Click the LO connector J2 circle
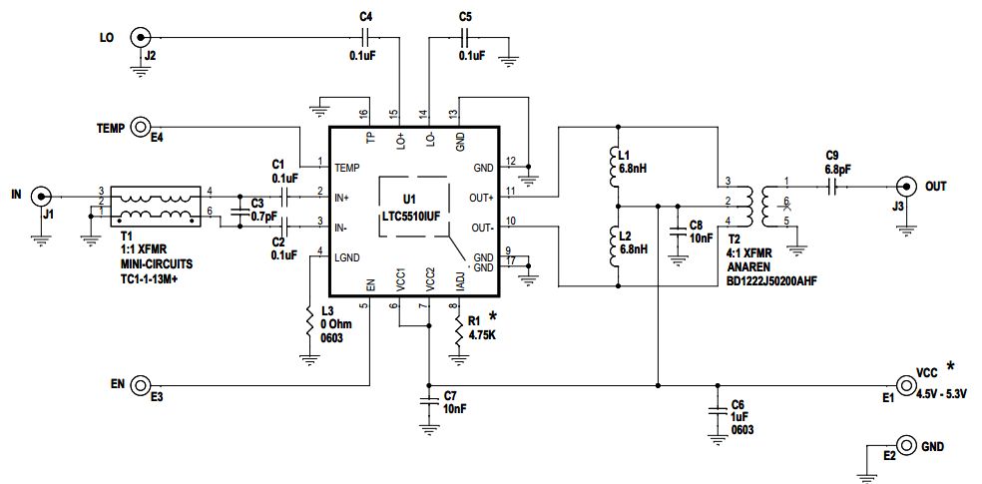[142, 38]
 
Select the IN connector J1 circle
[41, 195]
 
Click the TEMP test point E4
[142, 128]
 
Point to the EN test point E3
[142, 384]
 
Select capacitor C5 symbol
[464, 38]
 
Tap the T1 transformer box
[156, 207]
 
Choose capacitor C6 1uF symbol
[716, 410]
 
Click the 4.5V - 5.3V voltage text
[943, 394]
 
